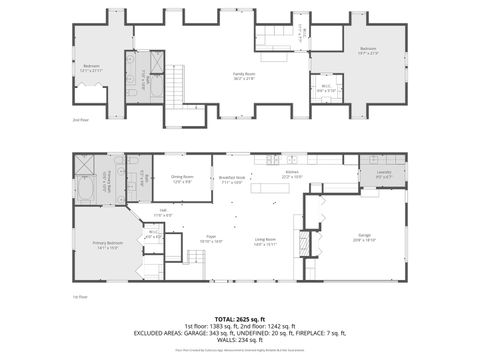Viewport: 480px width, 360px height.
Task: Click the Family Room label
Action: coord(243,74)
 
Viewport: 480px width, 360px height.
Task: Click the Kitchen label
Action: coord(292,173)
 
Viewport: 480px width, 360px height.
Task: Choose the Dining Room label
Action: coord(182,179)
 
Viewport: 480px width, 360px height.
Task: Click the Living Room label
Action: coord(265,241)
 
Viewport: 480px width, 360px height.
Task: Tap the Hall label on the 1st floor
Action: coord(164,212)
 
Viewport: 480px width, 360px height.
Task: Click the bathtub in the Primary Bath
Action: coord(84,185)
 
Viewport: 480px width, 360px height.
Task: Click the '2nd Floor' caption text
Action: coord(81,119)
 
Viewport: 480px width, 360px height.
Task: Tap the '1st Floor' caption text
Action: coord(81,297)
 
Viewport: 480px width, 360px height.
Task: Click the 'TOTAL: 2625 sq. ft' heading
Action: coord(240,318)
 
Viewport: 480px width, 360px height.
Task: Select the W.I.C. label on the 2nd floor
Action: coord(324,87)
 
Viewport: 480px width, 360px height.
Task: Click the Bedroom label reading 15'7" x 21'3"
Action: coord(368,49)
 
